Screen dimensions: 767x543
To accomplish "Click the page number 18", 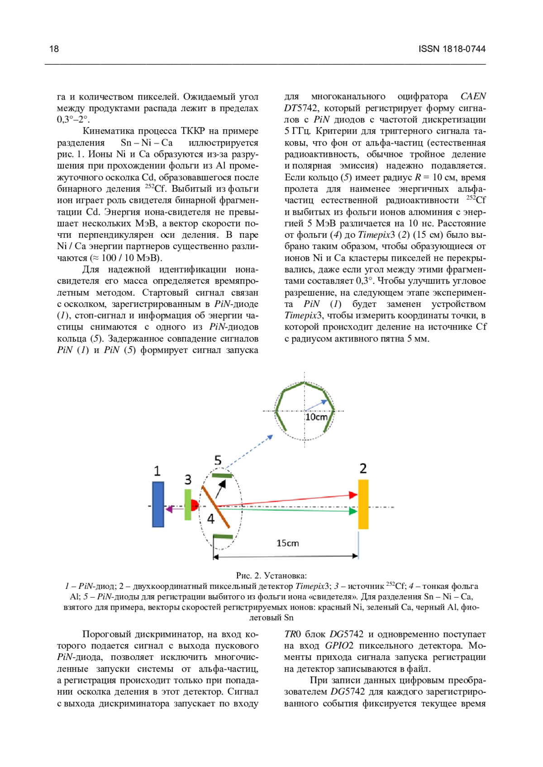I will pos(54,49).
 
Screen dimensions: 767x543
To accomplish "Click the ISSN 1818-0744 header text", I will pos(452,49).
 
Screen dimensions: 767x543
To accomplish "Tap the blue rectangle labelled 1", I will pos(158,504).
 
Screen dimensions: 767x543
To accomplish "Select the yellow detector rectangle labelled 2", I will pos(363,504).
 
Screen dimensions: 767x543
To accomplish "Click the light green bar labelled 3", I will pos(188,504).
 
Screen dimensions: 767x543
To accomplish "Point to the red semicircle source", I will pos(195,505).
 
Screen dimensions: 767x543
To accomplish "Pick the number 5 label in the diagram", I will pos(218,460).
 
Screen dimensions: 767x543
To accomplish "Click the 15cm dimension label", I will pos(288,543).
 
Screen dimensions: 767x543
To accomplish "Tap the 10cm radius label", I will pos(316,417).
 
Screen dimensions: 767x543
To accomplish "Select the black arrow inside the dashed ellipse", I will pos(221,488).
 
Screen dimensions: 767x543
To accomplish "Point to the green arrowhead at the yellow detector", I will pos(354,511).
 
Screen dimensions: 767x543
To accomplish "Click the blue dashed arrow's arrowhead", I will pos(270,437).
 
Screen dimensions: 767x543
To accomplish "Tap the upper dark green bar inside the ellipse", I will pos(222,475).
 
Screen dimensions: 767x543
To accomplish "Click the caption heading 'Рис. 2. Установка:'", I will pos(271,575).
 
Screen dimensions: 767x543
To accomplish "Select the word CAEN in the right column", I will pos(473,96).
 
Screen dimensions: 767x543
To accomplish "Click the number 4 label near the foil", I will pos(210,519).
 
